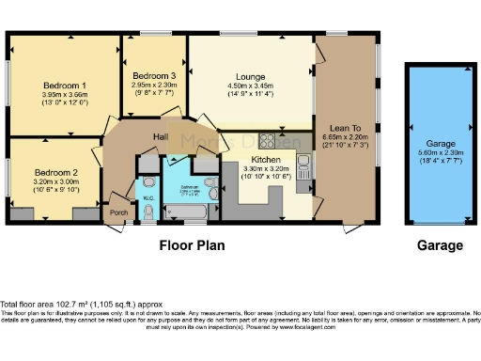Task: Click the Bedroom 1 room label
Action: [64, 84]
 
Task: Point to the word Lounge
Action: [251, 80]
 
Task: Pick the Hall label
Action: [161, 137]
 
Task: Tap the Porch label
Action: [119, 212]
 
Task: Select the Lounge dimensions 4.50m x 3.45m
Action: [251, 89]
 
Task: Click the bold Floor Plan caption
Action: [194, 245]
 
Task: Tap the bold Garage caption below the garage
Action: [440, 245]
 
